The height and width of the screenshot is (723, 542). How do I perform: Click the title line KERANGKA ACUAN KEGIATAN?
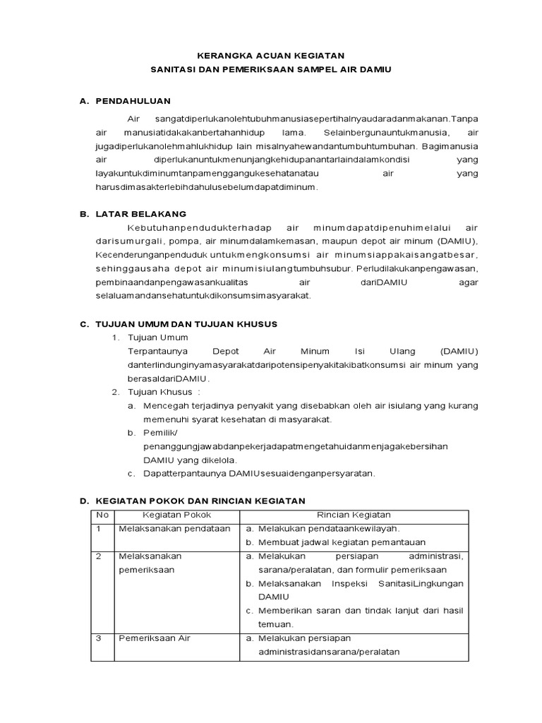pyautogui.click(x=271, y=54)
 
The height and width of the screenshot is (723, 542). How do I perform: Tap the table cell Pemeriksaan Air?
pyautogui.click(x=154, y=638)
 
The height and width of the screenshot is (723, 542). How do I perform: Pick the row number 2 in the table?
pyautogui.click(x=99, y=556)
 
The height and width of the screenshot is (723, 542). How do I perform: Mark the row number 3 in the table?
pyautogui.click(x=99, y=638)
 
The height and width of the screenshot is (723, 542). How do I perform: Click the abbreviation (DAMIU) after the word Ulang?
pyautogui.click(x=459, y=351)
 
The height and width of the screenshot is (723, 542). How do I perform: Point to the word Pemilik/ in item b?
pyautogui.click(x=161, y=433)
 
